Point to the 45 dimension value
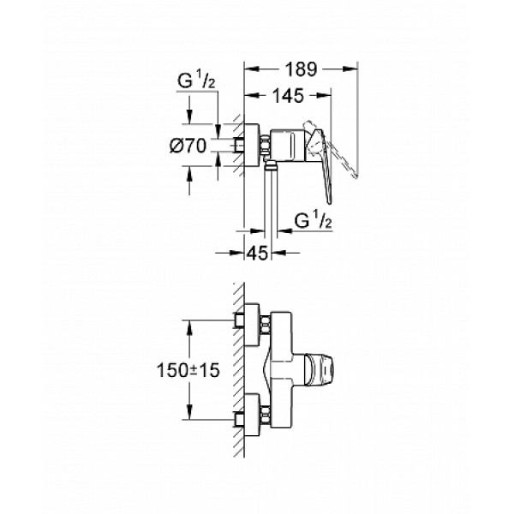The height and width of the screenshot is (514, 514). tap(258, 253)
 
